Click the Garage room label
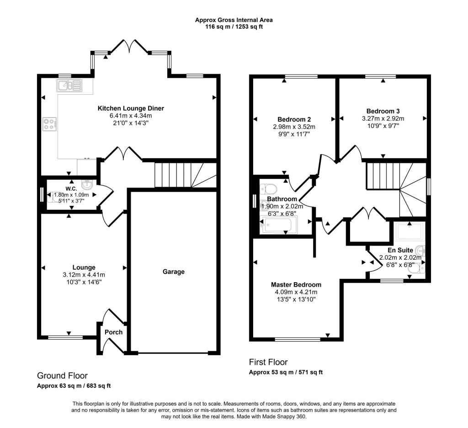tap(174, 272)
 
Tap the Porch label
tap(114, 332)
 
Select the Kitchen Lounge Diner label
tap(131, 108)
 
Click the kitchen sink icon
tap(69, 85)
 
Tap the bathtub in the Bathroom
tap(278, 225)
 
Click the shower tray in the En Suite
tap(409, 232)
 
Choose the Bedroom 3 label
tap(380, 111)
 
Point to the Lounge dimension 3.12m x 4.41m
tap(84, 275)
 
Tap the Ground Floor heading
tap(62, 376)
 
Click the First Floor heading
tap(268, 362)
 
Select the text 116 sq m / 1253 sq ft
tap(234, 27)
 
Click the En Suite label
tap(400, 250)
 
